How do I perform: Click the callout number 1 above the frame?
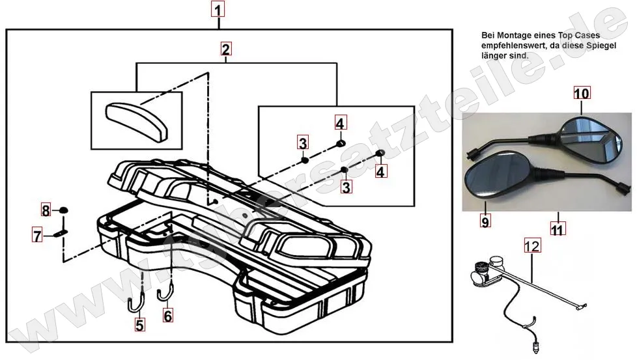[218, 9]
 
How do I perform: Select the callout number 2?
[225, 49]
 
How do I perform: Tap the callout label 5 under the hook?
[139, 323]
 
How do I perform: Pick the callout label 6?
[168, 316]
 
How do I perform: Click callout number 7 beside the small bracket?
[38, 234]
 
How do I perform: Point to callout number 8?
[46, 210]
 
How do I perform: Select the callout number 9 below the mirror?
[484, 222]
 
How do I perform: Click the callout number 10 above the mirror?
[581, 93]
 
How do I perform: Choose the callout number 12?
[532, 246]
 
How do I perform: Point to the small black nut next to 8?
[63, 210]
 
